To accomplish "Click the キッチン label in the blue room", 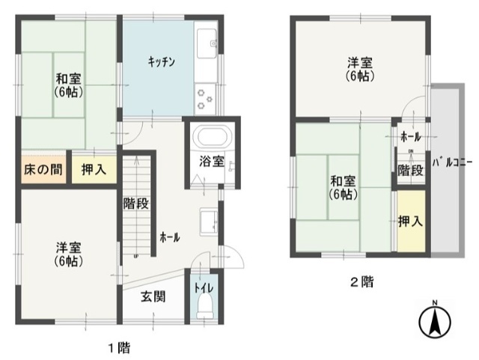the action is pos(162,62).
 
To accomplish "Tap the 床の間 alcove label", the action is pos(43,169).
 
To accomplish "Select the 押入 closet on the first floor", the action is pos(94,169).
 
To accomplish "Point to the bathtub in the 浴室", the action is pos(213,137).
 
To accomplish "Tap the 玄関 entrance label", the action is pos(153,296).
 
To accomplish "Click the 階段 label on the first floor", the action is pos(135,204).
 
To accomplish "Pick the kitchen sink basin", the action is pos(207,43).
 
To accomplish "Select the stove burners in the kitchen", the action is pos(205,99).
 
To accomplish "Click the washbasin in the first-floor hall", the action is pos(209,222).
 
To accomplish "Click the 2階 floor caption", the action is pos(361,281).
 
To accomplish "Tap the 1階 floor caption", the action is pos(120,348).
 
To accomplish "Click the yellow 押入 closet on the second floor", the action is pos(411,221).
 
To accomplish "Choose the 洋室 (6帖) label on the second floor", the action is pos(360,70).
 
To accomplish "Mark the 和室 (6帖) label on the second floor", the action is pos(343,188).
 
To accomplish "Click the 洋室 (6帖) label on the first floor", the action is pos(68,254).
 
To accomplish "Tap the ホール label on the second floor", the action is pos(411,137).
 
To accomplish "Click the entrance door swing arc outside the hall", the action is pos(238,253).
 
